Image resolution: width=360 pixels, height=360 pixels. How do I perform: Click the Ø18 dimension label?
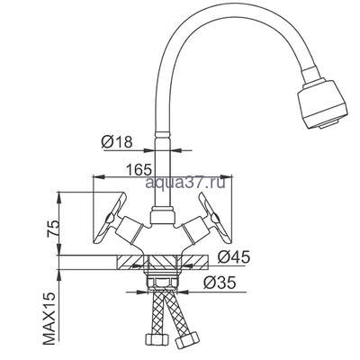[x=117, y=141]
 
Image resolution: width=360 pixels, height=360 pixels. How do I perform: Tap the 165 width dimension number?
[x=139, y=170]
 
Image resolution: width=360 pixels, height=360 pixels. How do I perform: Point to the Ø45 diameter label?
[x=233, y=256]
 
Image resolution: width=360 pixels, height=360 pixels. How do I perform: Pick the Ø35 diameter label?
[x=220, y=283]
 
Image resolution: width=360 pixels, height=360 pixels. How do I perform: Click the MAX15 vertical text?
[x=49, y=319]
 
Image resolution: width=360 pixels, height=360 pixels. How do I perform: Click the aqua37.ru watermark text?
[x=185, y=182]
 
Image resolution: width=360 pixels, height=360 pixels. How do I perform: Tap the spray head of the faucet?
[x=323, y=103]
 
